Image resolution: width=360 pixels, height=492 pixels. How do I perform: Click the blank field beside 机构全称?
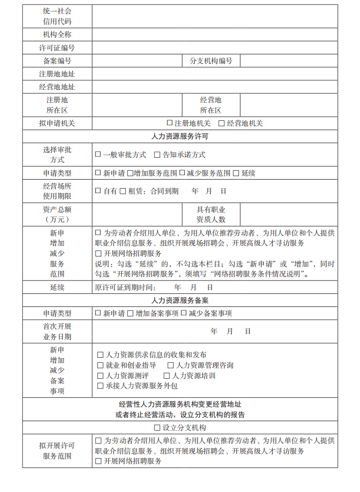[214, 35]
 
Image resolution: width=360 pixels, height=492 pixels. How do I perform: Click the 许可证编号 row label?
[57, 48]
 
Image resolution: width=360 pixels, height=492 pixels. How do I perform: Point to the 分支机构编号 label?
[211, 61]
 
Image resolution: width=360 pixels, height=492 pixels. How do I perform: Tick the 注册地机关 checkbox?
[170, 123]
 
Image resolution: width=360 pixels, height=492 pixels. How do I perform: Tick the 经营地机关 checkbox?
[222, 123]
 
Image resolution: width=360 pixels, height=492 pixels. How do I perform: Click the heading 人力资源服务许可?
[180, 136]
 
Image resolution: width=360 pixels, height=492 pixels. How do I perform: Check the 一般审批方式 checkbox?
[98, 155]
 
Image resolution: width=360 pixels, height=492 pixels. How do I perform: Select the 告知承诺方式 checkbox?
[157, 155]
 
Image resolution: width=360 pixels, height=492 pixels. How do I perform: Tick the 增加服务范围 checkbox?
[130, 173]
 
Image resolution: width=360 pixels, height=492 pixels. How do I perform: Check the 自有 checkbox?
[98, 191]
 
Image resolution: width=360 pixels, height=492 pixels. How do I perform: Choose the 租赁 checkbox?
[123, 191]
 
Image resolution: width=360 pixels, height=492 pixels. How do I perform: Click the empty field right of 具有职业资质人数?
[289, 215]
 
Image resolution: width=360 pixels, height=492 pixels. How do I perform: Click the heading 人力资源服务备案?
[180, 300]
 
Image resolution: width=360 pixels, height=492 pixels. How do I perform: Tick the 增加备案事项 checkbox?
[130, 313]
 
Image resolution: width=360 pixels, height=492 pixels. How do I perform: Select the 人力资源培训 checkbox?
[168, 376]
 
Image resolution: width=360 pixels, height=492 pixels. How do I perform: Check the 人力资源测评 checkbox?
[100, 376]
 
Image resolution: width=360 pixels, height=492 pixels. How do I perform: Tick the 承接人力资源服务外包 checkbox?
[100, 386]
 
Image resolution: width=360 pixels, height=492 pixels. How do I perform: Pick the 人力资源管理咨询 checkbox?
[171, 365]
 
